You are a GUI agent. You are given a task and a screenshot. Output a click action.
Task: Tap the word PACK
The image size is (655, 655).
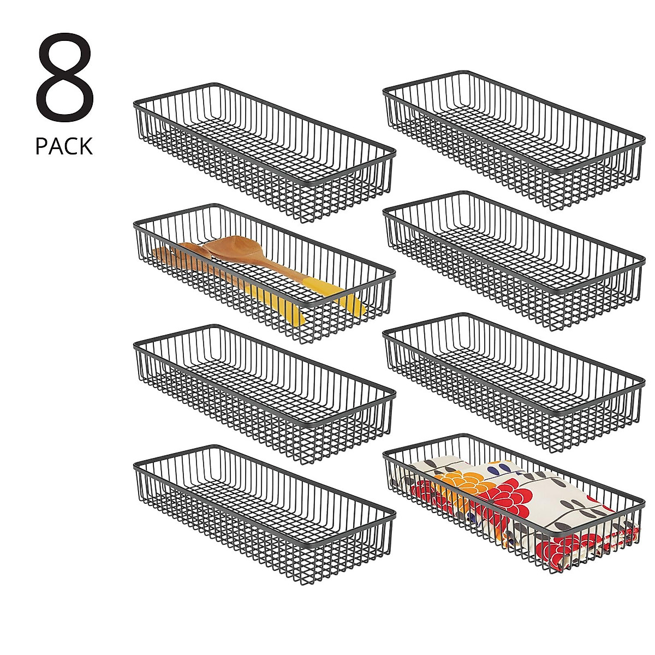(64, 147)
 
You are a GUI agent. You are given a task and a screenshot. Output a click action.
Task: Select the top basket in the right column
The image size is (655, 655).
(513, 139)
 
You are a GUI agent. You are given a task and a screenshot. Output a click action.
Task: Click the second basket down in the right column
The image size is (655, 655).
(513, 259)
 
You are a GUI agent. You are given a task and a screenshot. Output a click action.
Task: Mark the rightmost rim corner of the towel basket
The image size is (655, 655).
(643, 498)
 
